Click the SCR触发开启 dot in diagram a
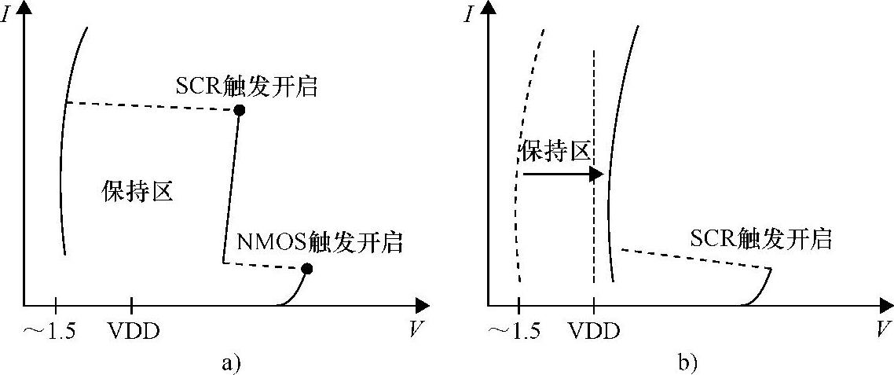(240, 111)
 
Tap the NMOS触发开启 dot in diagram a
(307, 269)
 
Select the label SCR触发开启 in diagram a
(247, 86)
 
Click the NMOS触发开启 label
(320, 242)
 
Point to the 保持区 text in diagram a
(137, 191)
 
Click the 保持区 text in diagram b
(555, 152)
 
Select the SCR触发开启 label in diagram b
(760, 238)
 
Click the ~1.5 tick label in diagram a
(50, 332)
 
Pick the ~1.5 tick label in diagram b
(514, 332)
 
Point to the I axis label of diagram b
(469, 14)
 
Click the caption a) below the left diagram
(230, 362)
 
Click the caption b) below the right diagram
(687, 362)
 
